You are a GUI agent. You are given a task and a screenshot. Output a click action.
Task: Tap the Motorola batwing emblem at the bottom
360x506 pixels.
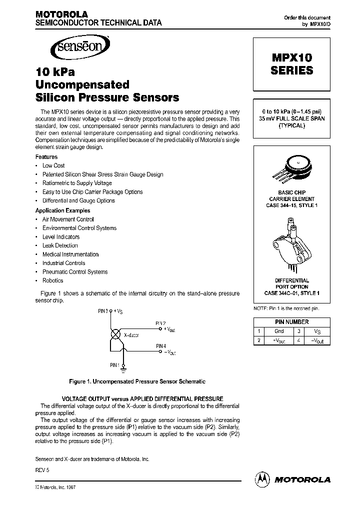(x=262, y=478)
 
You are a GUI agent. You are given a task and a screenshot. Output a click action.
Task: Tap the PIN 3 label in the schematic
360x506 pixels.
(x=103, y=311)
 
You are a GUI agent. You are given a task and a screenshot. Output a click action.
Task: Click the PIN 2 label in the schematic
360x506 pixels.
(x=160, y=323)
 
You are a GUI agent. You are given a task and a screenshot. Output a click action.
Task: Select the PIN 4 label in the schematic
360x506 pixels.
(x=160, y=345)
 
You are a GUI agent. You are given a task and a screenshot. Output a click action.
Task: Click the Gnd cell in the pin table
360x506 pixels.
(x=279, y=331)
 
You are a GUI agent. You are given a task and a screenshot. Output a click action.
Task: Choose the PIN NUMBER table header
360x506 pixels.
(x=292, y=322)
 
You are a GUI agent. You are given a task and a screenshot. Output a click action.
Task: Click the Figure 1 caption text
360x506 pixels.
(x=137, y=381)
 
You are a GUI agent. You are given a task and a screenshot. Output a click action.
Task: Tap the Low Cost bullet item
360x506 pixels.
(x=53, y=165)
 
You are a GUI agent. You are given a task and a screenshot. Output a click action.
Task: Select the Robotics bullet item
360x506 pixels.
(x=53, y=280)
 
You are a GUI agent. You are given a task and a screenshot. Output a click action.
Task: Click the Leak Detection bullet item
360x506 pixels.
(x=60, y=245)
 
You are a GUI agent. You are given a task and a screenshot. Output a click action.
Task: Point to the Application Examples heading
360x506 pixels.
(x=63, y=210)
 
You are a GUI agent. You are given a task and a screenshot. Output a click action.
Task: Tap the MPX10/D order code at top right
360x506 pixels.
(x=320, y=24)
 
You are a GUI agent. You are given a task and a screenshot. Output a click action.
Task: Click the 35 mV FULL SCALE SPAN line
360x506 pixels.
(x=292, y=118)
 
